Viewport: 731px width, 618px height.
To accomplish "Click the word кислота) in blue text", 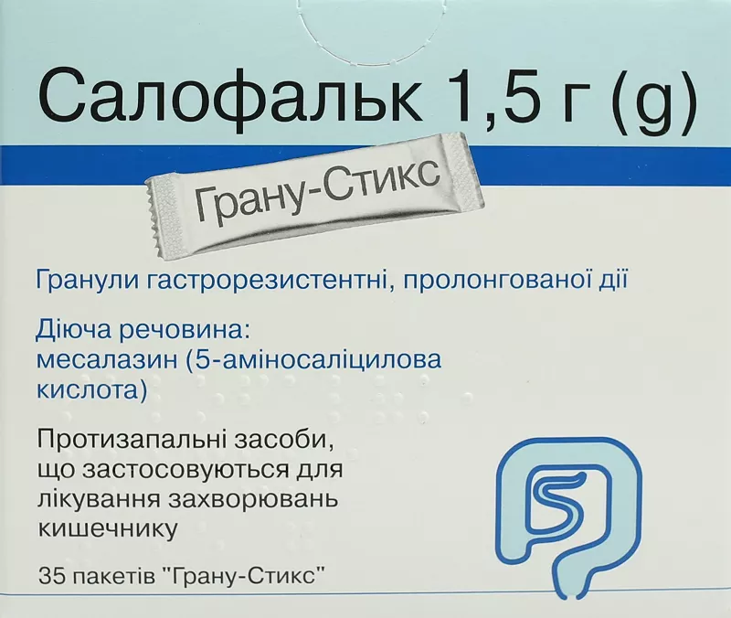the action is (92, 391).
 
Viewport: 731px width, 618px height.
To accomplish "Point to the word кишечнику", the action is (108, 530).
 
